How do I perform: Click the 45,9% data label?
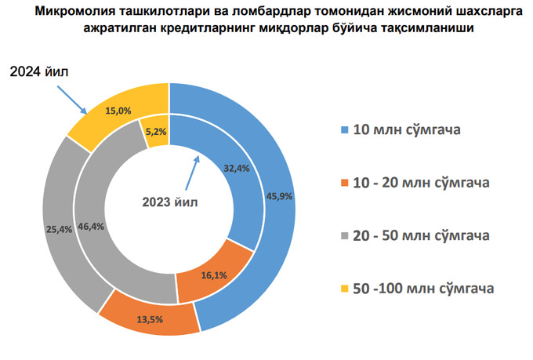(x=280, y=196)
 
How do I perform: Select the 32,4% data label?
(x=236, y=169)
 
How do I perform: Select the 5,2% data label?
(x=156, y=132)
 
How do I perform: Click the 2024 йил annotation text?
(x=40, y=72)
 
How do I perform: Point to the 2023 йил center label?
(x=169, y=202)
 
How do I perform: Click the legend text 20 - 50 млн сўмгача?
(x=422, y=236)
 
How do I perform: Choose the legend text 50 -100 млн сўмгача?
(x=424, y=289)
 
